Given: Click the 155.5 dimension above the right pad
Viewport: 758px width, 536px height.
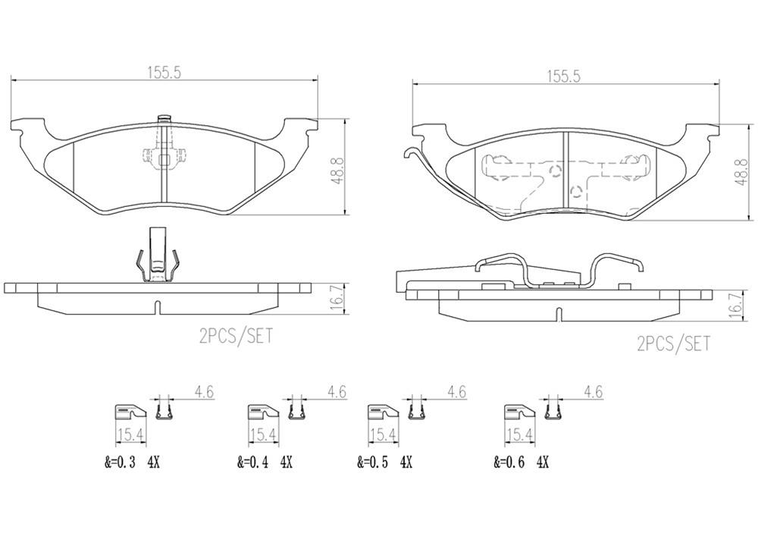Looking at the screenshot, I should pyautogui.click(x=564, y=76).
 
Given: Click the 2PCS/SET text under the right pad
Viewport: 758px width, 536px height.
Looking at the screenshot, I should pyautogui.click(x=675, y=343).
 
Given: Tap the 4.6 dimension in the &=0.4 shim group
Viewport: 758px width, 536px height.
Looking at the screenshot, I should pyautogui.click(x=337, y=392).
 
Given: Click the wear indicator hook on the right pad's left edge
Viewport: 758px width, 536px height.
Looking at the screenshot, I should pyautogui.click(x=414, y=154).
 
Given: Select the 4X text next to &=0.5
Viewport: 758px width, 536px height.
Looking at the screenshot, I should pyautogui.click(x=406, y=462).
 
